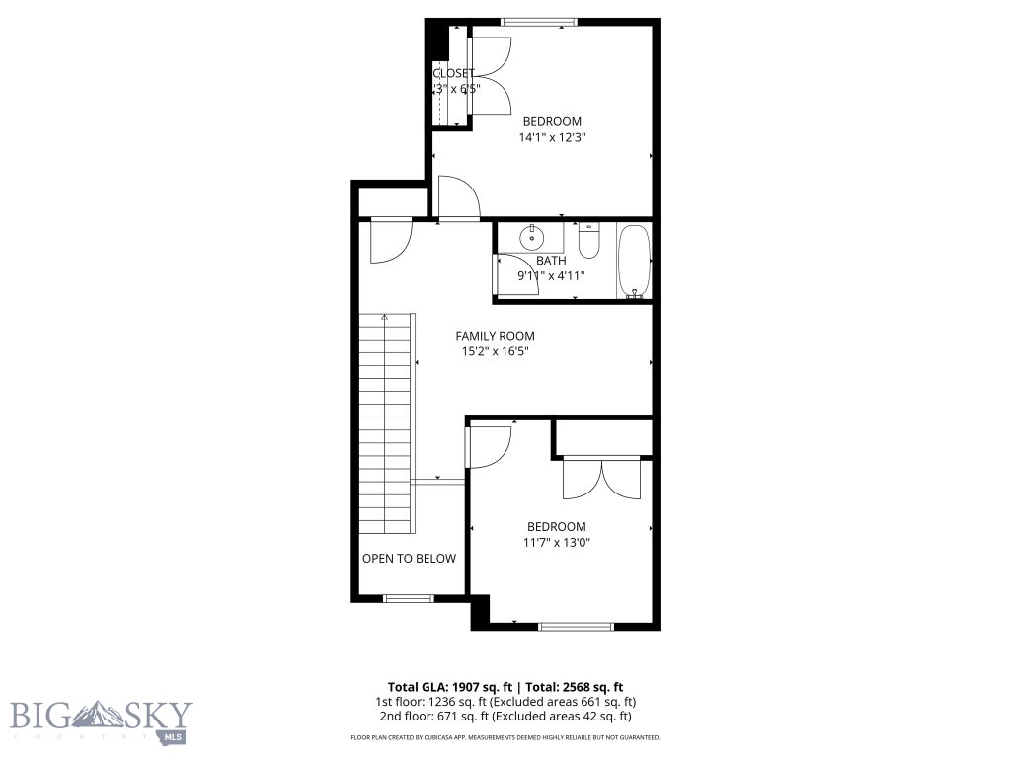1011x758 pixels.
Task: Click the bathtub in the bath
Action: [634, 261]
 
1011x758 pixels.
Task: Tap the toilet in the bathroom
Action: [588, 240]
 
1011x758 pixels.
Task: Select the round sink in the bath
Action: [532, 237]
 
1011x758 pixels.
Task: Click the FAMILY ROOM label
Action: [495, 336]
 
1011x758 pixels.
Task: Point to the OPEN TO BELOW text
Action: [409, 559]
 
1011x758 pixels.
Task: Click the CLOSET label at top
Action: [453, 73]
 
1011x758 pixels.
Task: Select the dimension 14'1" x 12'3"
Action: [553, 138]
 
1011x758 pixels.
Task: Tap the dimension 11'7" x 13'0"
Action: [556, 543]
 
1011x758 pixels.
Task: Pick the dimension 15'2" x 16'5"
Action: [495, 351]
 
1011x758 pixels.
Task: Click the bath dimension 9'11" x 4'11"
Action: [552, 276]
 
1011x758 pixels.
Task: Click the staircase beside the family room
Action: [386, 424]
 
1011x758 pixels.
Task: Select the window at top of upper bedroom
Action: [539, 22]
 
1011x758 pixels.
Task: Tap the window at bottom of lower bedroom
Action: [576, 626]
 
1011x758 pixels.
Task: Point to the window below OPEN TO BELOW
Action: [408, 598]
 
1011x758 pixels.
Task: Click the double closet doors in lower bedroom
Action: [602, 479]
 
